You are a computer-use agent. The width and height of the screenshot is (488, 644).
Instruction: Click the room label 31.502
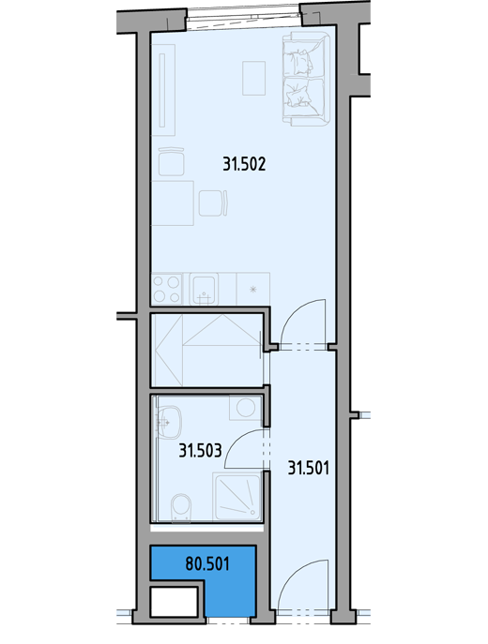(x=244, y=164)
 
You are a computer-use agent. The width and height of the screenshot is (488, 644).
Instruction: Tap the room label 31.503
(x=200, y=451)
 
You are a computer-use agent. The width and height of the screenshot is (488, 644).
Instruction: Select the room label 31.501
(x=309, y=468)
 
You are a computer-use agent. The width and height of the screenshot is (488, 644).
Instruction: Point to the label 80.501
(x=207, y=563)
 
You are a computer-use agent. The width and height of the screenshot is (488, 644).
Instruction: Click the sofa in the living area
(x=306, y=81)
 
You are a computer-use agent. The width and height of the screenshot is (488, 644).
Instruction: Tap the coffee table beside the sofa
(x=253, y=78)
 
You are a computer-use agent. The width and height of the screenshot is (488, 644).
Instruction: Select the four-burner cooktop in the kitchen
(x=166, y=289)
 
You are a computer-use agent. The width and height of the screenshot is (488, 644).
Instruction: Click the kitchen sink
(x=204, y=290)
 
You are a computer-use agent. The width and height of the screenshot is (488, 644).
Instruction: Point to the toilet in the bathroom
(x=181, y=508)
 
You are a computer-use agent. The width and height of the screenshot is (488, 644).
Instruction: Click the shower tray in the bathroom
(x=237, y=497)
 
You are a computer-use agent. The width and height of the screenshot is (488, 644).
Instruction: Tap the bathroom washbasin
(x=169, y=422)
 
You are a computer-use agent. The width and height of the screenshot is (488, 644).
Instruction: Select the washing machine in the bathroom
(x=245, y=408)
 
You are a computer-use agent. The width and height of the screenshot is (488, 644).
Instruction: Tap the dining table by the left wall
(x=173, y=202)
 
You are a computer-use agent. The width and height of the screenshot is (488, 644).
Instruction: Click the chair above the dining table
(x=172, y=162)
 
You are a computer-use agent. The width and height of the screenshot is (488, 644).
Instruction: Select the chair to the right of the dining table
(x=213, y=202)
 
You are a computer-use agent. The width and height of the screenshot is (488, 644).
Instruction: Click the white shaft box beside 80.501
(x=175, y=602)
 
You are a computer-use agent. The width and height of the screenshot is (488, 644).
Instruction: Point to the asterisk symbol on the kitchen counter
(x=253, y=290)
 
